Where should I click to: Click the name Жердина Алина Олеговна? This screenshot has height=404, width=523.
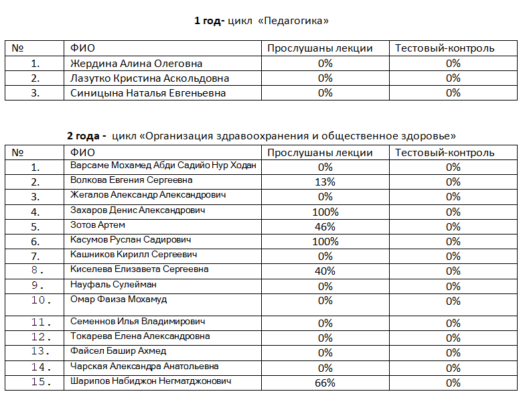tap(136, 64)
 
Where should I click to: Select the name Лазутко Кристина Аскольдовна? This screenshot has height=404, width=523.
tap(149, 78)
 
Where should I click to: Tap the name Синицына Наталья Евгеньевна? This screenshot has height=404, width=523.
tap(148, 93)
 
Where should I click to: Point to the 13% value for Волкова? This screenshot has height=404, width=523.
tap(325, 182)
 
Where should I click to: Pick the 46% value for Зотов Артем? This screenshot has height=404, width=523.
tap(325, 226)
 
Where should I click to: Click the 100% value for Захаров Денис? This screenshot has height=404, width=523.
tap(325, 212)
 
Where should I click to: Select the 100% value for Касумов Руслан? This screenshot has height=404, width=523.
tap(325, 241)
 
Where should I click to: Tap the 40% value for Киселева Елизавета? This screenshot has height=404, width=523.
tap(325, 271)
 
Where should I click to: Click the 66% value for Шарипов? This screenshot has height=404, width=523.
tap(325, 383)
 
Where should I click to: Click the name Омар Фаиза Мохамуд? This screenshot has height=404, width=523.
tap(119, 299)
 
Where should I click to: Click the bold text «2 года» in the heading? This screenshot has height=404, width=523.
tap(86, 136)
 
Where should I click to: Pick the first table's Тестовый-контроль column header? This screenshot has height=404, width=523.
tap(445, 48)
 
